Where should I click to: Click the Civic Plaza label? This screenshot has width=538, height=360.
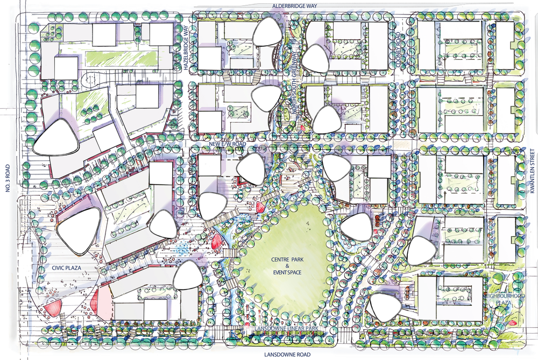(66, 266)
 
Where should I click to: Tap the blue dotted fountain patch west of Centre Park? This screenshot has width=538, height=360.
(183, 249)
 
